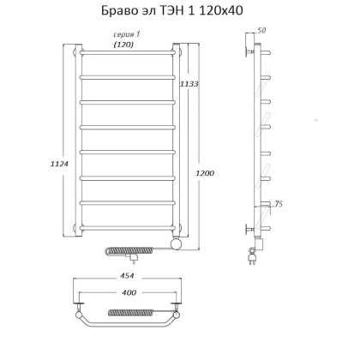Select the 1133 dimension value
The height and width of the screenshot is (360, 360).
[x=189, y=84]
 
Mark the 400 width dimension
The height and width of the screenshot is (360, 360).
[x=129, y=294]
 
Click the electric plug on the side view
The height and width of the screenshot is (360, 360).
[x=252, y=255]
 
